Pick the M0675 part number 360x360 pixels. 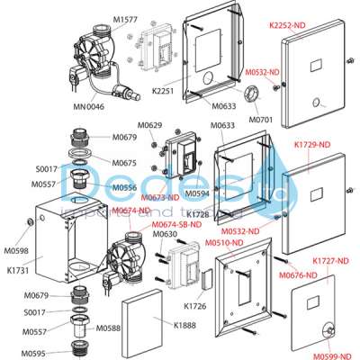pos(125,163)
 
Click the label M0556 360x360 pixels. pos(125,187)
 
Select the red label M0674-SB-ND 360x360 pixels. pos(176,225)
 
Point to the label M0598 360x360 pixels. pos(17,250)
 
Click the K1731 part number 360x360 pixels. pos(19,269)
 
